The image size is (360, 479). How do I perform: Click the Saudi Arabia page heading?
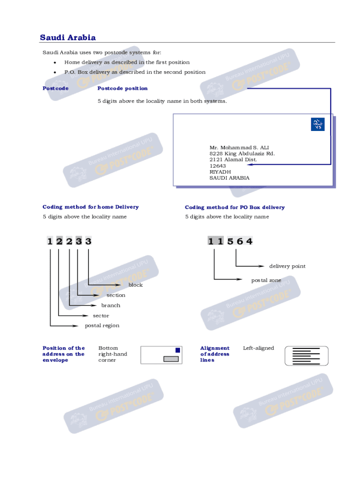pyautogui.click(x=68, y=37)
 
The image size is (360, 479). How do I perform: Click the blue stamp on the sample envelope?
pyautogui.click(x=317, y=124)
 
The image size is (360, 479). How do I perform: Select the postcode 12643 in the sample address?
pyautogui.click(x=218, y=166)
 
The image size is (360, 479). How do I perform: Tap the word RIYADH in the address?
pyautogui.click(x=220, y=172)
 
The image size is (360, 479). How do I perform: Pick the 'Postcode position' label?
pyautogui.click(x=122, y=88)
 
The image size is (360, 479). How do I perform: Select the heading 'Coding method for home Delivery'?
pyautogui.click(x=91, y=207)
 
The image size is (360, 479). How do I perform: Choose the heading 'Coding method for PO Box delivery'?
pyautogui.click(x=235, y=207)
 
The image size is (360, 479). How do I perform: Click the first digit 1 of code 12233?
pyautogui.click(x=50, y=241)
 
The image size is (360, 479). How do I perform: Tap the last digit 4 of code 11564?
pyautogui.click(x=250, y=241)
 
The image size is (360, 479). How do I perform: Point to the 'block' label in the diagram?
pyautogui.click(x=136, y=285)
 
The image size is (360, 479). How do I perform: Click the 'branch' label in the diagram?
pyautogui.click(x=111, y=305)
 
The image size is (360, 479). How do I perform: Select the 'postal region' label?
pyautogui.click(x=102, y=326)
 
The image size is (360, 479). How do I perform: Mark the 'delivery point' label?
pyautogui.click(x=287, y=266)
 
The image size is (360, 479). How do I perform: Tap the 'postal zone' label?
pyautogui.click(x=266, y=280)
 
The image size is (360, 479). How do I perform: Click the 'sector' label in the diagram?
pyautogui.click(x=101, y=316)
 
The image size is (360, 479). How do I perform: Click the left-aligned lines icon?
pyautogui.click(x=306, y=356)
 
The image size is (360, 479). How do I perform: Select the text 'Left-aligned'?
pyautogui.click(x=259, y=348)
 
